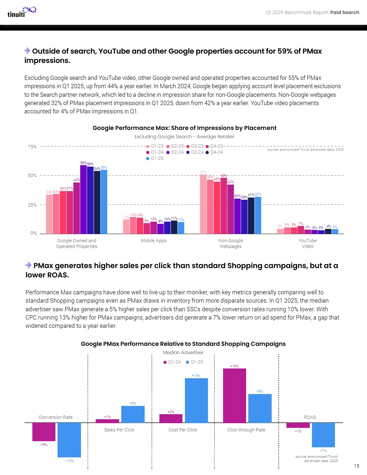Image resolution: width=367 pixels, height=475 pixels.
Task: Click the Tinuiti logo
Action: [x=22, y=12]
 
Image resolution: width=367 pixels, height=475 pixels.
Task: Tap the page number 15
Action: [x=356, y=466]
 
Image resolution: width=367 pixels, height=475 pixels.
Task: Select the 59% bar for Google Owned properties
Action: [x=83, y=200]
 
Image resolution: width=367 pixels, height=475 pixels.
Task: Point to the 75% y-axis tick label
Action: [x=32, y=147]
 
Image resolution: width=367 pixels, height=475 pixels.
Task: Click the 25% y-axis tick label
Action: [x=32, y=205]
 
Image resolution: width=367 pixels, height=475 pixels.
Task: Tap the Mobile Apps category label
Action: [x=154, y=241]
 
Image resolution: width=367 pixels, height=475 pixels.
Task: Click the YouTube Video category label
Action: [x=308, y=244]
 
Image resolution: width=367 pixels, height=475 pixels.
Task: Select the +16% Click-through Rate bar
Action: [x=235, y=395]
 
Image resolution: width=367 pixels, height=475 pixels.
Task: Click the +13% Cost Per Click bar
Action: [x=196, y=400]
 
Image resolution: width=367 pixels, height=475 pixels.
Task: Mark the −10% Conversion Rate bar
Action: [x=69, y=440]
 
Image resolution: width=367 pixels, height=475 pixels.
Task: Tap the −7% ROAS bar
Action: [x=323, y=435]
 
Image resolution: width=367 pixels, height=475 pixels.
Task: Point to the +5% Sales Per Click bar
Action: [x=133, y=414]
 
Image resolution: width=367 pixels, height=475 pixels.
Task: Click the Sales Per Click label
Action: [x=119, y=430]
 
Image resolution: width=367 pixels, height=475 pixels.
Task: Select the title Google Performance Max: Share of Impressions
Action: [x=185, y=128]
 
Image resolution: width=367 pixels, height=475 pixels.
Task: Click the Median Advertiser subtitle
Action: [x=183, y=353]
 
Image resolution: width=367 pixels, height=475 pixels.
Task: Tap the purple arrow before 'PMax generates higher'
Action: [x=28, y=265]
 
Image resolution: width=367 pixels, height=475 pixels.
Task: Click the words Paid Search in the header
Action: [x=345, y=13]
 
